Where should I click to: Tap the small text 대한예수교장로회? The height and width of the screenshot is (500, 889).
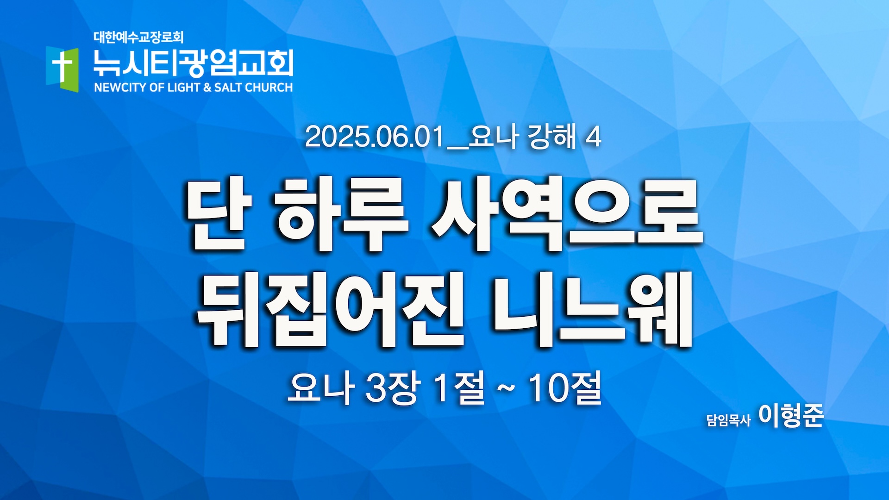138,37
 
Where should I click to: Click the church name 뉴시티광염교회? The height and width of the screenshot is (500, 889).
193,63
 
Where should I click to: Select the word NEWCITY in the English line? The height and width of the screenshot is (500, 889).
120,87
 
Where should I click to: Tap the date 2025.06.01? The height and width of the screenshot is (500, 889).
375,137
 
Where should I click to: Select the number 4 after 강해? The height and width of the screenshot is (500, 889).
593,137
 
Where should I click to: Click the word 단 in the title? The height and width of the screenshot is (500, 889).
218,215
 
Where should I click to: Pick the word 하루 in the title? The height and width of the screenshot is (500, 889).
341,215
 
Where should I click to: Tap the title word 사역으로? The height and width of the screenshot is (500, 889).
568,215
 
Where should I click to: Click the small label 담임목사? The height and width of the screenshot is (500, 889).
728,420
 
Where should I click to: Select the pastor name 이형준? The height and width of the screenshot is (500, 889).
791,415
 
